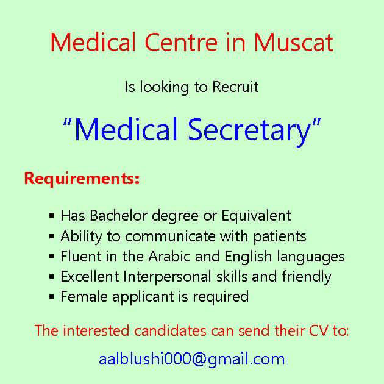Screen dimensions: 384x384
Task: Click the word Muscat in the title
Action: point(293,43)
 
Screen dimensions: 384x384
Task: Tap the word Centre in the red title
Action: point(181,43)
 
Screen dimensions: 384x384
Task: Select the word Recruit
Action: point(235,87)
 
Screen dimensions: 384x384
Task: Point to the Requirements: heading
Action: point(82,179)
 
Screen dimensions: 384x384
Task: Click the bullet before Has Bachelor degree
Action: point(51,216)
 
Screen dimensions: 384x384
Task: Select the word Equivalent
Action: point(256,216)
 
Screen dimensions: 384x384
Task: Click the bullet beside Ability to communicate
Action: point(51,236)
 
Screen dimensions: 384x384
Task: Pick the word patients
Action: point(280,237)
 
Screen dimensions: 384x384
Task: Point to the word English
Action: point(248,257)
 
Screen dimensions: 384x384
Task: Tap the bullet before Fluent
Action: point(51,257)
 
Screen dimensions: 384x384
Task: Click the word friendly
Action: point(307,277)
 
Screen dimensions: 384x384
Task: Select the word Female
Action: point(84,297)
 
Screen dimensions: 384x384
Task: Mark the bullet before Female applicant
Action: point(51,297)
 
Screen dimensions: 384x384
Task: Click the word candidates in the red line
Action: point(170,330)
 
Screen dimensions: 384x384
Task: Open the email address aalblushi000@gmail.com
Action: point(192,360)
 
